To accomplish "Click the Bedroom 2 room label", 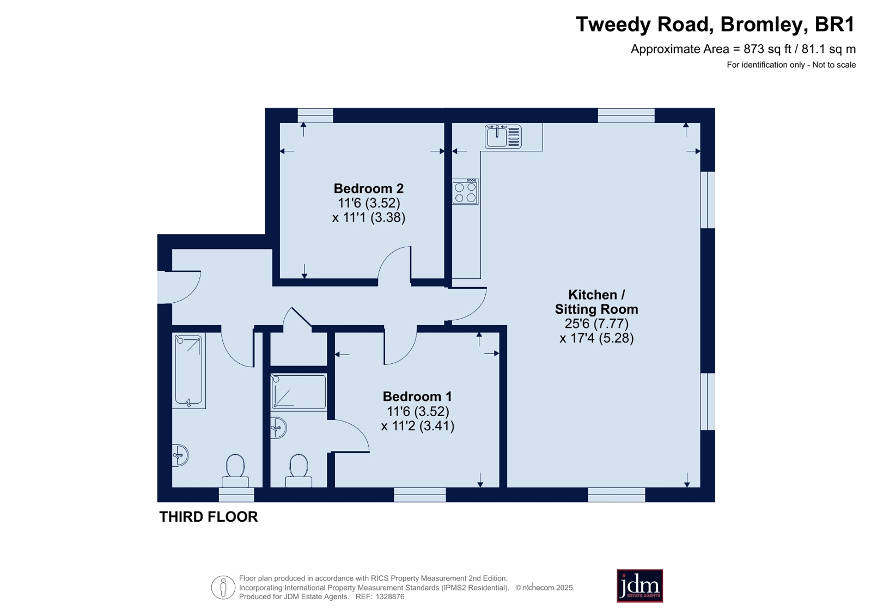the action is point(369,188).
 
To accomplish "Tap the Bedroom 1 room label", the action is point(417,397).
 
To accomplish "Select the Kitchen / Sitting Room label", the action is point(596,302).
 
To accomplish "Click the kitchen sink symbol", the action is point(503,137).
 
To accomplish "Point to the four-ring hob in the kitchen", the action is point(465,192).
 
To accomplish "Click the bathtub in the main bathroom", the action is point(188,371).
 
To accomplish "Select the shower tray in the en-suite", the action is point(299,392).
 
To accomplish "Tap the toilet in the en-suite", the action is point(299,471).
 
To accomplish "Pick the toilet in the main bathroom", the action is point(235,471).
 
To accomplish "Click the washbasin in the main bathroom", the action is point(180,455).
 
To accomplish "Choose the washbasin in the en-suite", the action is point(278,428).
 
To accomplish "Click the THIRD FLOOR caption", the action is point(209,517).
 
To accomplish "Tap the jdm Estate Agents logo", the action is point(639,585).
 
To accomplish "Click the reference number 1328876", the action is point(389,596).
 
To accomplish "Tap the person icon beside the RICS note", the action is point(223,587).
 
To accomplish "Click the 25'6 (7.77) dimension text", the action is point(596,324).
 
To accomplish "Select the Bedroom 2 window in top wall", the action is point(315,115).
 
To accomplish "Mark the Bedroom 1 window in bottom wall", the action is point(420,495).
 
